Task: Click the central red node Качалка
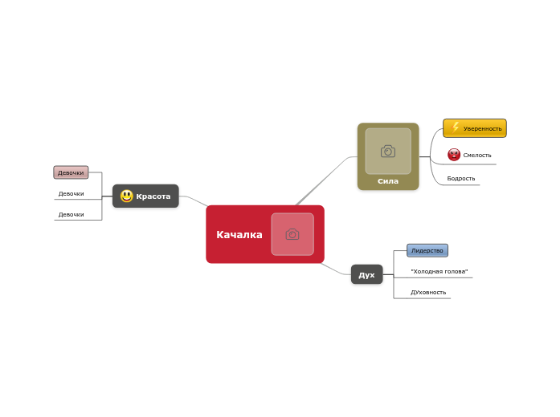coord(265,234)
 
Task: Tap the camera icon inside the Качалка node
coord(292,234)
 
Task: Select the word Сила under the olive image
coord(388,181)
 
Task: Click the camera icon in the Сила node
coord(388,151)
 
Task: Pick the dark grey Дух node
coord(367,274)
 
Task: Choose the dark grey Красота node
coord(145,196)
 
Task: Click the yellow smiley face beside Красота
coord(126,196)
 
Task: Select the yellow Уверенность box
coord(475,128)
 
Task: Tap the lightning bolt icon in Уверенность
coord(455,128)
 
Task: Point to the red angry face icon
coord(454,155)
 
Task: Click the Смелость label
coord(477,155)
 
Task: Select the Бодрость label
coord(461,178)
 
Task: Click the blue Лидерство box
coord(427,250)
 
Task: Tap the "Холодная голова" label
coord(439,271)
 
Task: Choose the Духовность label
coord(428,292)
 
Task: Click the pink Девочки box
coord(71,172)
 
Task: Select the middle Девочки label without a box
coord(71,193)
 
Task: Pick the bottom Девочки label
coord(71,215)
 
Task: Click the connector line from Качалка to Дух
coord(336,269)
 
